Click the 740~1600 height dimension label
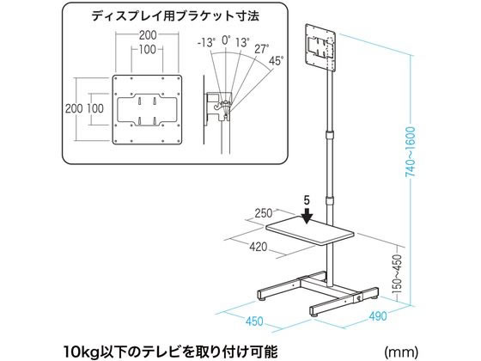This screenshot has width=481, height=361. (x=411, y=151)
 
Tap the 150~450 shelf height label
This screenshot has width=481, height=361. (x=397, y=273)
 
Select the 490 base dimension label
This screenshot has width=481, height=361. (x=377, y=316)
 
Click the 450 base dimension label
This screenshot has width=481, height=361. (x=254, y=321)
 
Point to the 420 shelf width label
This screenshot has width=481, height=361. (x=258, y=247)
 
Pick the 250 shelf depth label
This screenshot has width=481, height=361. (x=264, y=213)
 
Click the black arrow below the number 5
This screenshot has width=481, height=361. (x=307, y=216)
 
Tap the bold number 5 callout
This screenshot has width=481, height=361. (x=307, y=200)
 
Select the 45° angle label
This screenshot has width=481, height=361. (x=276, y=61)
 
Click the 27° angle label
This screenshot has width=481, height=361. (x=262, y=49)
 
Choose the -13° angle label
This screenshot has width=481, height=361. (x=207, y=42)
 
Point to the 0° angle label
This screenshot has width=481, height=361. (x=226, y=40)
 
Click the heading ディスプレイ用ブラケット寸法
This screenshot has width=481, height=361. (x=175, y=16)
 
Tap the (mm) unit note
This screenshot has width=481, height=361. (x=401, y=351)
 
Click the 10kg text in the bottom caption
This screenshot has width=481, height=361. (x=81, y=352)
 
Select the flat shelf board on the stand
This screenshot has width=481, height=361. (x=310, y=231)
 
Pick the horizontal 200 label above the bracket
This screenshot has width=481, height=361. (x=148, y=35)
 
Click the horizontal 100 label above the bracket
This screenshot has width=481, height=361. (x=147, y=49)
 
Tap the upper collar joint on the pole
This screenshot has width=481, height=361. (x=329, y=134)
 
